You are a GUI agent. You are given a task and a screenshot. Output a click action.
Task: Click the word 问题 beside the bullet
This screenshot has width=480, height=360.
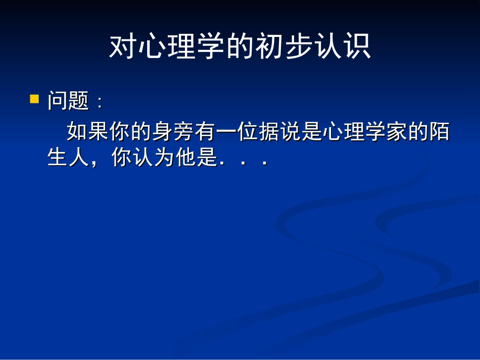[68, 101]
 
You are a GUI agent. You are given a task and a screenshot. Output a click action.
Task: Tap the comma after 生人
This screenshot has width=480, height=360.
[93, 164]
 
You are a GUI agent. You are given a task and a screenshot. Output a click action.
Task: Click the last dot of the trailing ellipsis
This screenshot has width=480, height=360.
[264, 164]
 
